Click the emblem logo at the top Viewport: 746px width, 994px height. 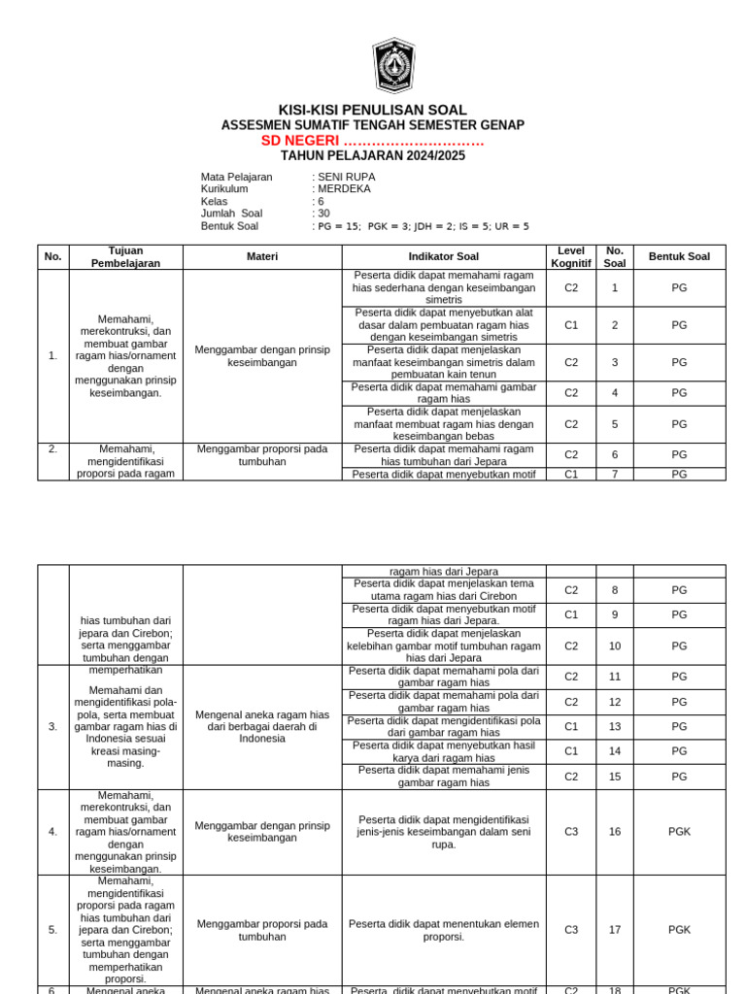point(393,66)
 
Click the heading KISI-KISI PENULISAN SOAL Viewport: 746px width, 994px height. point(373,111)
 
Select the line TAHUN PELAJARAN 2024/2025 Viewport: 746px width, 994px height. point(373,155)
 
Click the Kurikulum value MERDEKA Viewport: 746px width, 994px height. point(345,189)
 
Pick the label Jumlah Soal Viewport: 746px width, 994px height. point(231,214)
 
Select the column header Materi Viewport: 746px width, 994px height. point(262,257)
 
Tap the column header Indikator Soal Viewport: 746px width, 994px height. point(443,257)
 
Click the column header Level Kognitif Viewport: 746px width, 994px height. point(570,257)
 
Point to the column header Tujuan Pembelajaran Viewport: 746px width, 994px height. point(125,257)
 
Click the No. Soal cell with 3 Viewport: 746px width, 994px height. point(614,362)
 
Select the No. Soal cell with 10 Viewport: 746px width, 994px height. point(614,646)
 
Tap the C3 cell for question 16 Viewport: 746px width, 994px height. point(570,832)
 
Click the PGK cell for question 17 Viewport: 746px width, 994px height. point(679,930)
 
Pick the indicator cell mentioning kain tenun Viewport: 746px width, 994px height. point(443,362)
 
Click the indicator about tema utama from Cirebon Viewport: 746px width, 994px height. point(443,589)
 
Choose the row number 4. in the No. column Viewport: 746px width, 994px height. point(52,832)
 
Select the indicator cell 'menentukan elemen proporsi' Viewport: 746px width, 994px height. point(443,930)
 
